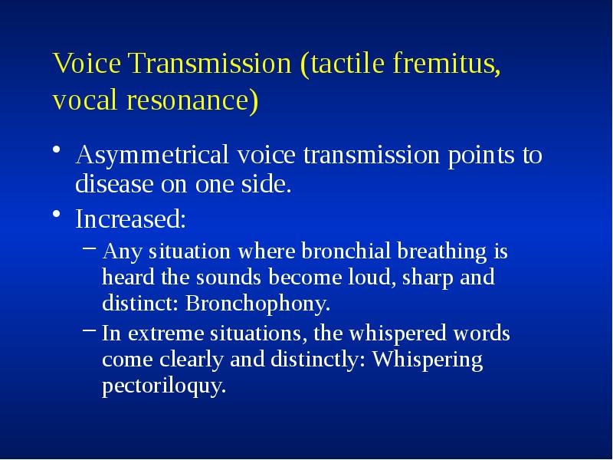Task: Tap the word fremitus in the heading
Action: pyautogui.click(x=446, y=64)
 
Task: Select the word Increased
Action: pyautogui.click(x=130, y=219)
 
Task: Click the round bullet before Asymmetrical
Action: pyautogui.click(x=58, y=151)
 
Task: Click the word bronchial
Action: pyautogui.click(x=336, y=251)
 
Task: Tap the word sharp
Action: pyautogui.click(x=431, y=278)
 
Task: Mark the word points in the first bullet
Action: pyautogui.click(x=474, y=156)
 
